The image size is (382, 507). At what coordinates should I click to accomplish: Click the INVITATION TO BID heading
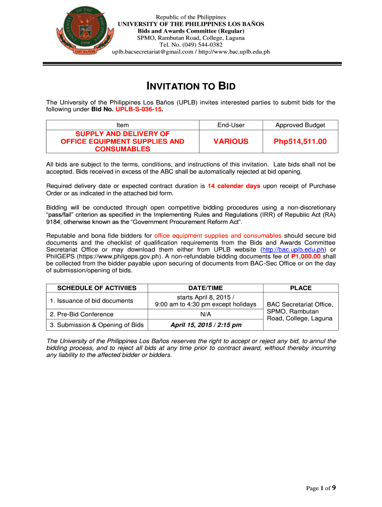pos(191,87)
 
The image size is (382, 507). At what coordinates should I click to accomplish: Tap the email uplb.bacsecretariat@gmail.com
pos(152,51)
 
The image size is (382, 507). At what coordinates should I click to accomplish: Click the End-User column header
pos(231,126)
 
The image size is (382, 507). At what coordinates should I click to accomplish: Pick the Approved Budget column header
pos(300,126)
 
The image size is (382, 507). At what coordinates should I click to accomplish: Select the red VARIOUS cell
pos(231,142)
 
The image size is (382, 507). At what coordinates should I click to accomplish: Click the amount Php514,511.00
pos(300,142)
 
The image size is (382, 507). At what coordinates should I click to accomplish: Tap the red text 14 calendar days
pos(234,186)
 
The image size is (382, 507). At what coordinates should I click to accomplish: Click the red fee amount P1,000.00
pos(306,256)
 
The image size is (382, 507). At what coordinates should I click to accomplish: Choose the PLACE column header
pos(301,288)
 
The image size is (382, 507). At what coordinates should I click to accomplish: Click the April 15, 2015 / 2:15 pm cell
pos(206,325)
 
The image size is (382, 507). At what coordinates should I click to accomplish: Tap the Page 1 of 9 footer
pos(321,488)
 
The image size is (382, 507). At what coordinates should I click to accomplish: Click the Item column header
pos(123,126)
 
